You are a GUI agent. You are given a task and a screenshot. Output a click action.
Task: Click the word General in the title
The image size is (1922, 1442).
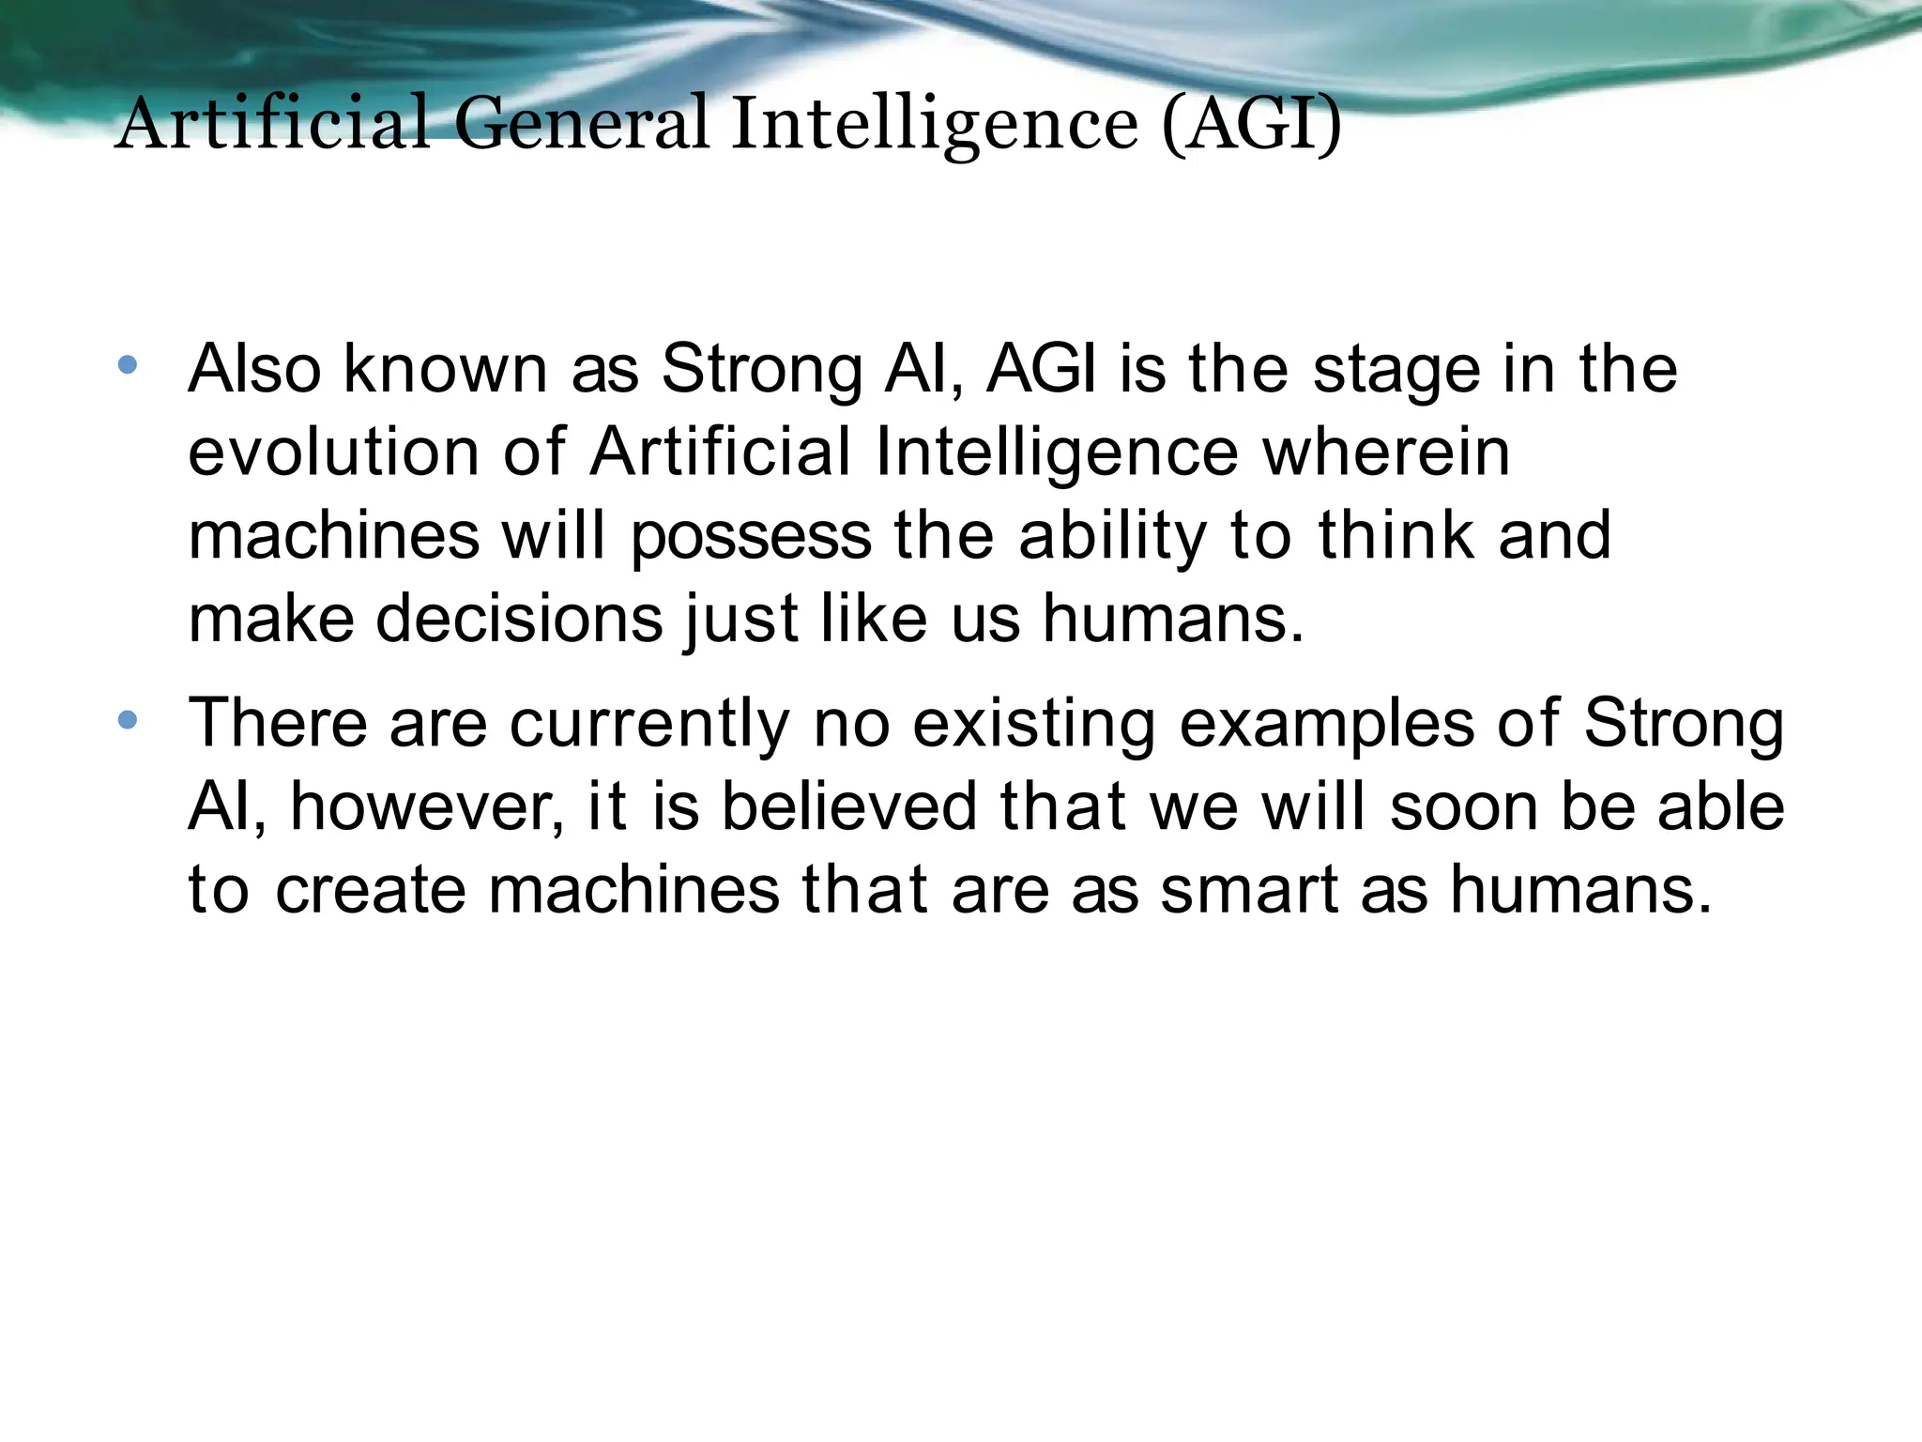coord(581,124)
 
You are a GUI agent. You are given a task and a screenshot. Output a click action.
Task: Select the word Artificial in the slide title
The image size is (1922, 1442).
coord(272,124)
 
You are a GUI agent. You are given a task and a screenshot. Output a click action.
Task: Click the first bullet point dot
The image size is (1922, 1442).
coord(129,365)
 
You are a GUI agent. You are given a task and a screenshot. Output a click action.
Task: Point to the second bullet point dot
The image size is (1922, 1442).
coord(129,721)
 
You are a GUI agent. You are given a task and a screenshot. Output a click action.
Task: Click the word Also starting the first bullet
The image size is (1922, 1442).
coord(254,368)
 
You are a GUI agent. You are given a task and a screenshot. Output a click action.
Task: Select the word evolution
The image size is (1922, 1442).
coord(333,452)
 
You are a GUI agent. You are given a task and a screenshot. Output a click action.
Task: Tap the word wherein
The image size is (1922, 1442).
coord(1386,452)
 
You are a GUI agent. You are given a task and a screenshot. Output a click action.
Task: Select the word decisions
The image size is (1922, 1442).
coord(519,619)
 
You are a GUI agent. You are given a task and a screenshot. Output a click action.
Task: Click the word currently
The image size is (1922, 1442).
coord(649,725)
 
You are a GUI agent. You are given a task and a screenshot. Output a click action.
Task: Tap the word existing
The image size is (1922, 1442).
coord(1033,725)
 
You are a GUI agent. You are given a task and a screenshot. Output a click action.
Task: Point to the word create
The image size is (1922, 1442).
coord(371,889)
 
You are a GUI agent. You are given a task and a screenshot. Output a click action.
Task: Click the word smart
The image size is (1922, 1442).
coord(1248,889)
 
